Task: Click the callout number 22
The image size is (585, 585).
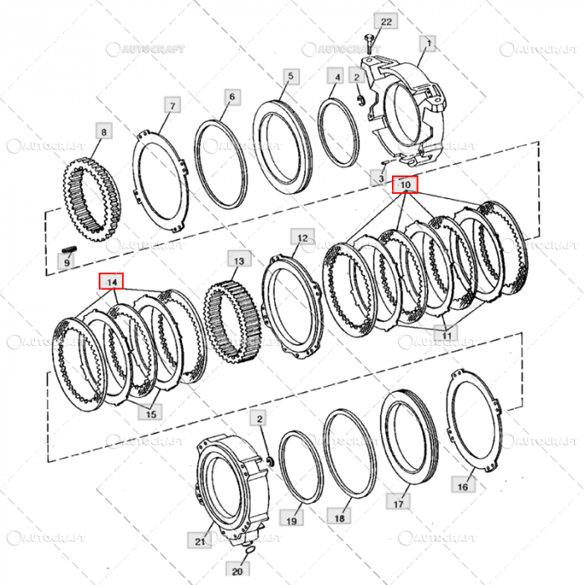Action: [x=385, y=21]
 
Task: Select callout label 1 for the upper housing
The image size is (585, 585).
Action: [x=430, y=42]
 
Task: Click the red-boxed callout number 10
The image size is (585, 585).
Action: [x=404, y=183]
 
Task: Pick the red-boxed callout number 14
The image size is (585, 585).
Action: [x=110, y=282]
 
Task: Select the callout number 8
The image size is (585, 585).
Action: [x=103, y=133]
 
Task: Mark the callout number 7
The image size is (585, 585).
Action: [x=172, y=106]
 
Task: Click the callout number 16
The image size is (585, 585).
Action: [x=462, y=485]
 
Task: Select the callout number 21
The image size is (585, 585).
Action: [x=199, y=542]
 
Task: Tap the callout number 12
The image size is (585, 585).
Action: [x=300, y=238]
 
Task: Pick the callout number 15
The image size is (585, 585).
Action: [x=151, y=412]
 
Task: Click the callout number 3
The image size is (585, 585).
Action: [x=379, y=180]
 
